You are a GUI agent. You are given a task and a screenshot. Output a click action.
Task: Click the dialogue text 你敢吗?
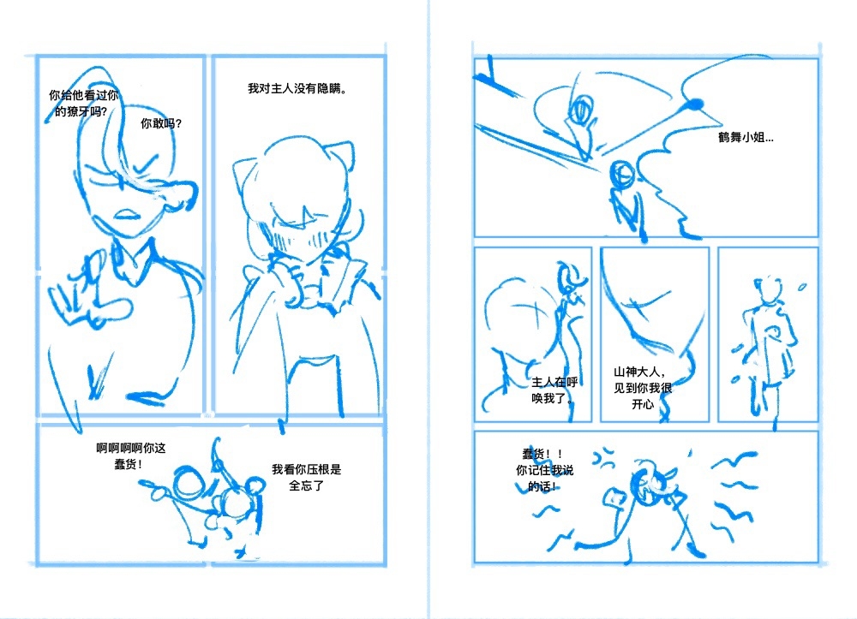click(161, 124)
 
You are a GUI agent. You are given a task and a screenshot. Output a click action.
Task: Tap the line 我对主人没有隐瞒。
click(297, 88)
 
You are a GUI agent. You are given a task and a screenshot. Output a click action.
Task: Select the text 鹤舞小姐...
click(746, 138)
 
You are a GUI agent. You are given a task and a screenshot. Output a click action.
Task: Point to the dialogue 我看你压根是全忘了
click(307, 477)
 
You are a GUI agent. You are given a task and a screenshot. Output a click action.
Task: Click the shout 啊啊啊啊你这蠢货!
click(131, 456)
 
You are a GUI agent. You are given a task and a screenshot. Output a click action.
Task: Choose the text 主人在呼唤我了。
click(554, 390)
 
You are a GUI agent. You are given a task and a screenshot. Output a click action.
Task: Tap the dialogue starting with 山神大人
click(643, 388)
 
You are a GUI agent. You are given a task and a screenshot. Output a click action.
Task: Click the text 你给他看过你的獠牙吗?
click(83, 103)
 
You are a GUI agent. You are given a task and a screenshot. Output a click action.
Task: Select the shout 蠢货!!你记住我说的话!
click(545, 470)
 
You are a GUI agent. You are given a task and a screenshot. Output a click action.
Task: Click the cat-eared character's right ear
click(342, 156)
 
